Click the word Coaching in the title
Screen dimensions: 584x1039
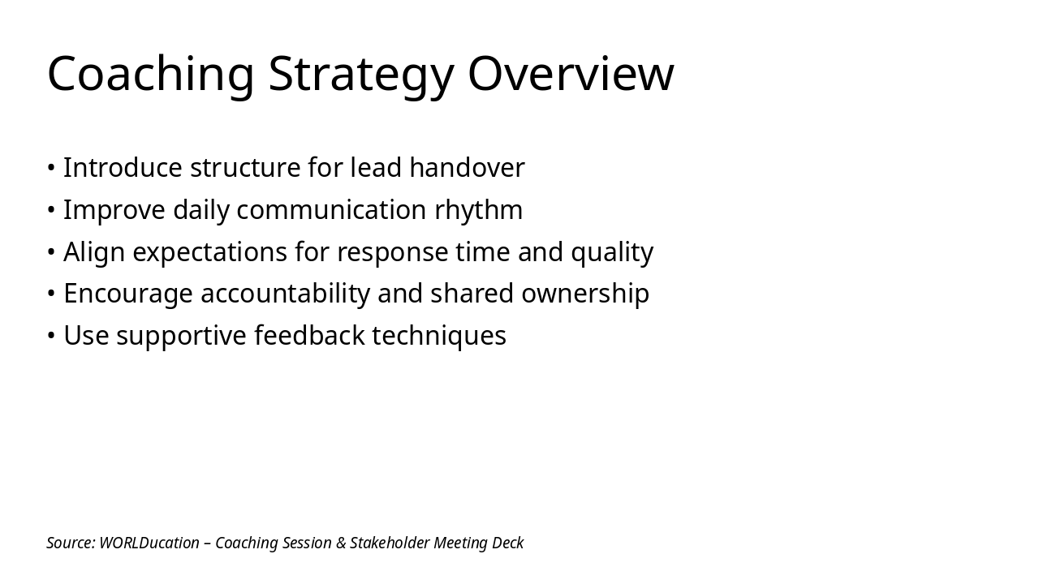(x=151, y=74)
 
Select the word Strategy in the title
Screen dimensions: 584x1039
(x=360, y=74)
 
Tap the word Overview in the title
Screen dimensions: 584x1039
(x=571, y=74)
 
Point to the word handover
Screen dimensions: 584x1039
(x=467, y=168)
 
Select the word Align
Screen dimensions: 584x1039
(x=94, y=252)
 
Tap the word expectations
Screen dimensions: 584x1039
(x=209, y=252)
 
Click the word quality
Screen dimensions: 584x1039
(x=612, y=252)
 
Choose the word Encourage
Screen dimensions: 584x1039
(x=128, y=294)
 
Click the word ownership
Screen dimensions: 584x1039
(x=584, y=294)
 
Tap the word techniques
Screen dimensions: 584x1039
(x=438, y=336)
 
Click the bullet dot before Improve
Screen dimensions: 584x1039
(x=51, y=210)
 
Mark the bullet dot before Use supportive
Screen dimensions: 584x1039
(x=51, y=336)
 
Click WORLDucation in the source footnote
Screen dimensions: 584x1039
(x=149, y=543)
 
